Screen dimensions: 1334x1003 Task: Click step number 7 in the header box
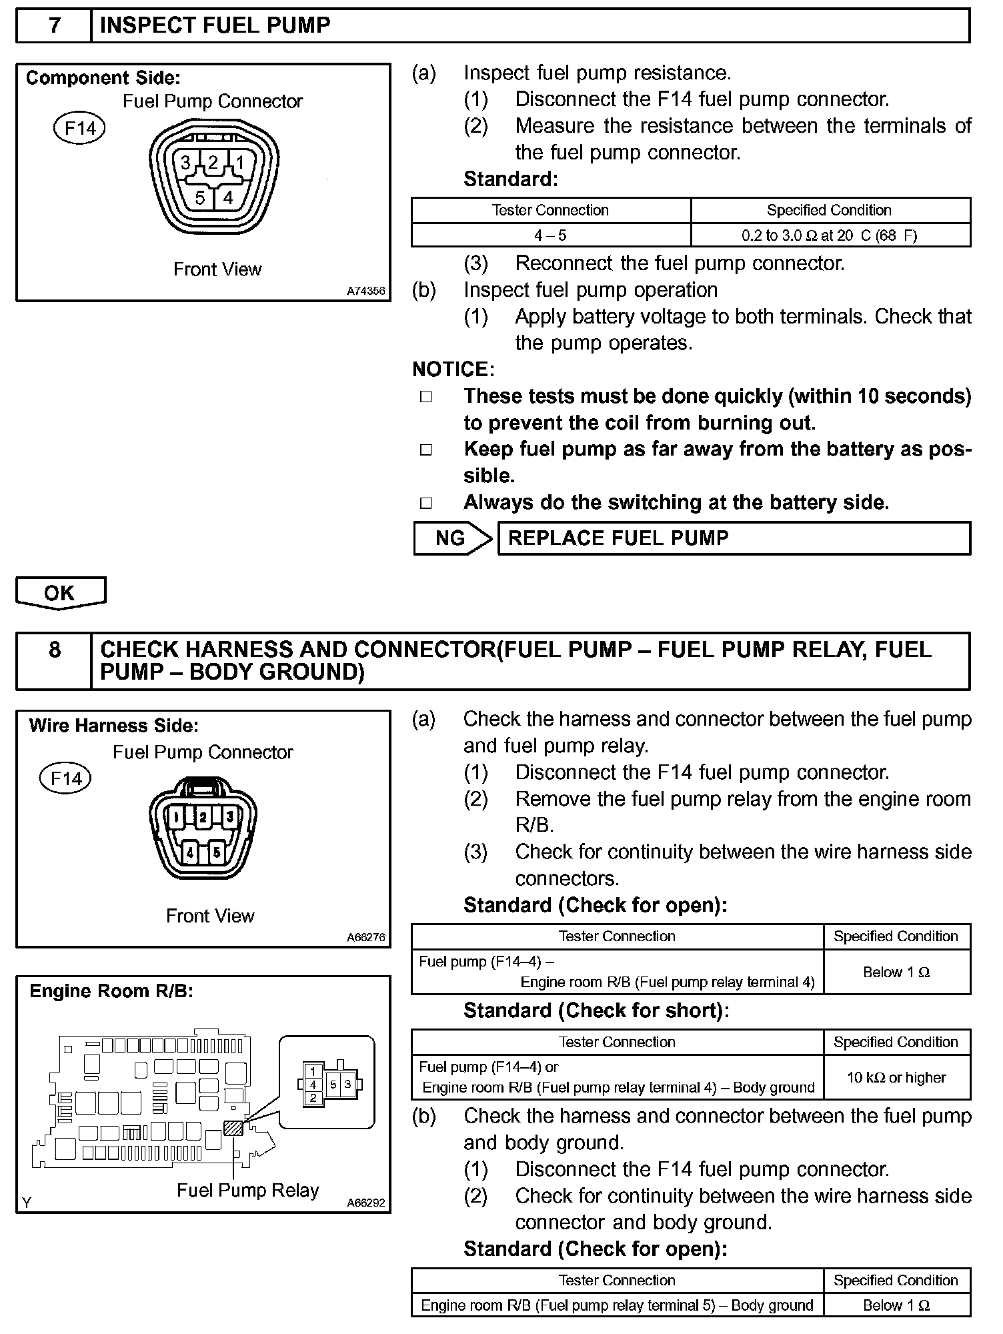click(54, 26)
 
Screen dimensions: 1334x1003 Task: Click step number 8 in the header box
click(54, 650)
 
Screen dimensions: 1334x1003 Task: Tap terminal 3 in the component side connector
click(185, 163)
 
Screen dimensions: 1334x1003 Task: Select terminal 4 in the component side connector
click(228, 197)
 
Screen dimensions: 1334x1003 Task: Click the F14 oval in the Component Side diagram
click(79, 128)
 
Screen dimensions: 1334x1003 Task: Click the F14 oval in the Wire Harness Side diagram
click(66, 778)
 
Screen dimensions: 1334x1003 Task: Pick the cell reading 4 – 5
click(550, 235)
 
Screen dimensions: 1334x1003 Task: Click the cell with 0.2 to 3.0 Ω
click(830, 235)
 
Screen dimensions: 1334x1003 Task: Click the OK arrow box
click(60, 593)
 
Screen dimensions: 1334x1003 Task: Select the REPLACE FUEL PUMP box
click(734, 538)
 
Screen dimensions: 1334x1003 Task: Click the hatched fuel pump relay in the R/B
click(233, 1127)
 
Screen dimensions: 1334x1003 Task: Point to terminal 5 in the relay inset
click(333, 1085)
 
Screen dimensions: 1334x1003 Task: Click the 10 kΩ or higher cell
click(896, 1077)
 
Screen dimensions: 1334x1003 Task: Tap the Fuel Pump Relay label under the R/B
click(247, 1191)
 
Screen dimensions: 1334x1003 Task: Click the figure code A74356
click(365, 291)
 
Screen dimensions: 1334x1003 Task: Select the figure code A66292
click(365, 1203)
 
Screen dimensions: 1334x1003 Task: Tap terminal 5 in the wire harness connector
click(217, 852)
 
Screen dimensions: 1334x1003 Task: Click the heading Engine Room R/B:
click(111, 991)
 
